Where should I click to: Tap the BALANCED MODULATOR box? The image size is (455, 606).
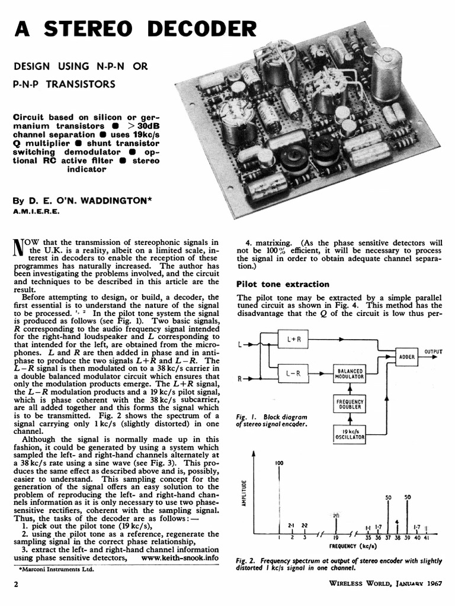(x=350, y=373)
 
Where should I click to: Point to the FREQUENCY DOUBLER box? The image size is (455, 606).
(x=350, y=405)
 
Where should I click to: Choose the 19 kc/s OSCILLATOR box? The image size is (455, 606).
(x=350, y=434)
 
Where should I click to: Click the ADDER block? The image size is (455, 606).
(x=407, y=357)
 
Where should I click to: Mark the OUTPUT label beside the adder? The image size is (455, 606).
(x=433, y=352)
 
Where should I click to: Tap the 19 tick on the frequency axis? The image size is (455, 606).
(x=335, y=537)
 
